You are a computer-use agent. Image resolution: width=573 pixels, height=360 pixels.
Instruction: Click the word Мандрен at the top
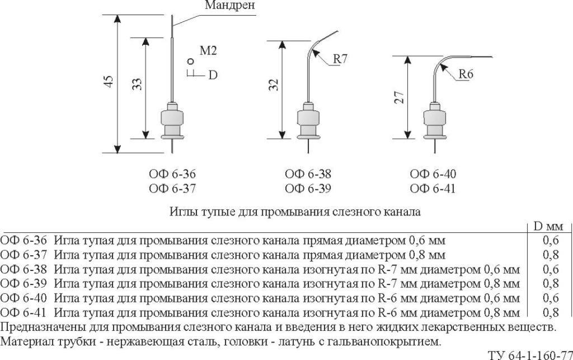click(230, 5)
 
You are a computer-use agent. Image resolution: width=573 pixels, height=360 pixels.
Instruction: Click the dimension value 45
click(109, 81)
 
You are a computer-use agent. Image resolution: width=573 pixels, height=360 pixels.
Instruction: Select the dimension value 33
click(137, 85)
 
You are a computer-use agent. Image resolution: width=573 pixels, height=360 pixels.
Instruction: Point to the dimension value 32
click(275, 85)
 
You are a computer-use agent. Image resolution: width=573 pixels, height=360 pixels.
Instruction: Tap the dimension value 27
click(400, 97)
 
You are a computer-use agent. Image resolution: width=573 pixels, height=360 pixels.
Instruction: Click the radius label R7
click(340, 59)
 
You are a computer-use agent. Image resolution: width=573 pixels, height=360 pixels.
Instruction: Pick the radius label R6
click(466, 74)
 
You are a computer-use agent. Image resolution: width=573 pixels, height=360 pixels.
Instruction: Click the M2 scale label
click(208, 50)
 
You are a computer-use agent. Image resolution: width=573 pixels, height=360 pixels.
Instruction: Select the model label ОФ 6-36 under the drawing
click(172, 174)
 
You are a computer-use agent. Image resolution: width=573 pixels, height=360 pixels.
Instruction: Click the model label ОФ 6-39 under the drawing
click(308, 189)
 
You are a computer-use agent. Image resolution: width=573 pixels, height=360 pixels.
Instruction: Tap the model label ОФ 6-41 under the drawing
click(433, 189)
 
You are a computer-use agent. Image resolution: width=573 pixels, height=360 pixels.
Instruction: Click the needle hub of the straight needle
click(172, 120)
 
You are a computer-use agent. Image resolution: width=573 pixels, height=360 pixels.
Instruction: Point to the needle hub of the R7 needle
click(308, 120)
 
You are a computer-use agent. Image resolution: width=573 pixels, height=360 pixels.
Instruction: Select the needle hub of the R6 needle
click(434, 120)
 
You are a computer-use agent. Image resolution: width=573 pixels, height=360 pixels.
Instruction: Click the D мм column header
click(548, 227)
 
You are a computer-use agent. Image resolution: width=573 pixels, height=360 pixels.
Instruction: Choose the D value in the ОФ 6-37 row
click(551, 255)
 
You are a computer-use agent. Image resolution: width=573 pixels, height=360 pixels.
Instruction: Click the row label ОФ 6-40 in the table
click(24, 298)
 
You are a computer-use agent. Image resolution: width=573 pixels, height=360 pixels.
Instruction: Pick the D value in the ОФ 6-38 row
click(551, 269)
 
